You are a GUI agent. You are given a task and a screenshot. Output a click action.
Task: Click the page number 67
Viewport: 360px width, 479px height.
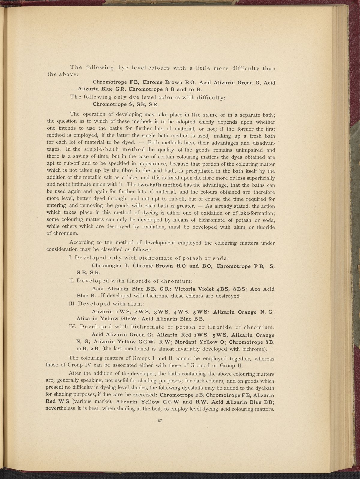(160, 420)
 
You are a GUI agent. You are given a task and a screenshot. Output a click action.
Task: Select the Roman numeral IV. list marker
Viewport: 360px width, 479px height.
(72, 327)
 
